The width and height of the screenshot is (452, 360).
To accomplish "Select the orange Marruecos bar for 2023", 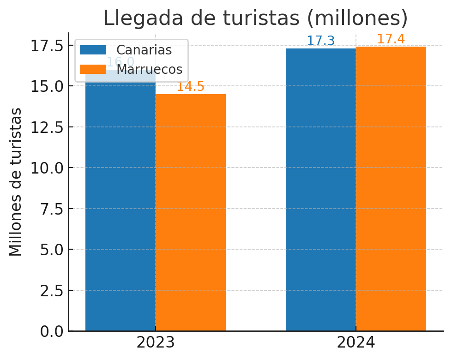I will pos(191,212).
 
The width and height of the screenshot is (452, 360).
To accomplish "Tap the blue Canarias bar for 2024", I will pos(321,189).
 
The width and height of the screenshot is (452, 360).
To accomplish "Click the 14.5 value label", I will pos(191,87).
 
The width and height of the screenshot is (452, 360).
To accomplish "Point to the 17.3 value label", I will pos(321,41).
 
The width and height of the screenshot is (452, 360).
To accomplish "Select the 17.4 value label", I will pos(391,39).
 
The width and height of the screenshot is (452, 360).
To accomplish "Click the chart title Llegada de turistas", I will pos(255,18).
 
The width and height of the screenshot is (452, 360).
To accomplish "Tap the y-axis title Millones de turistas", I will pos(16,182).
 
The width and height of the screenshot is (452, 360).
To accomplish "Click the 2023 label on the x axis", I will pos(156,343).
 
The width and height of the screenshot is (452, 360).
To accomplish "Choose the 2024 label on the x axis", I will pos(356,343).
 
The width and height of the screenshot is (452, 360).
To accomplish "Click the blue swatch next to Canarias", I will pos(93,50).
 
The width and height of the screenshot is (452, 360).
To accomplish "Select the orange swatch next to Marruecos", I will pos(93,69).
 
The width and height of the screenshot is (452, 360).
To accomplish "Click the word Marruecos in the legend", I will pos(149,69).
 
